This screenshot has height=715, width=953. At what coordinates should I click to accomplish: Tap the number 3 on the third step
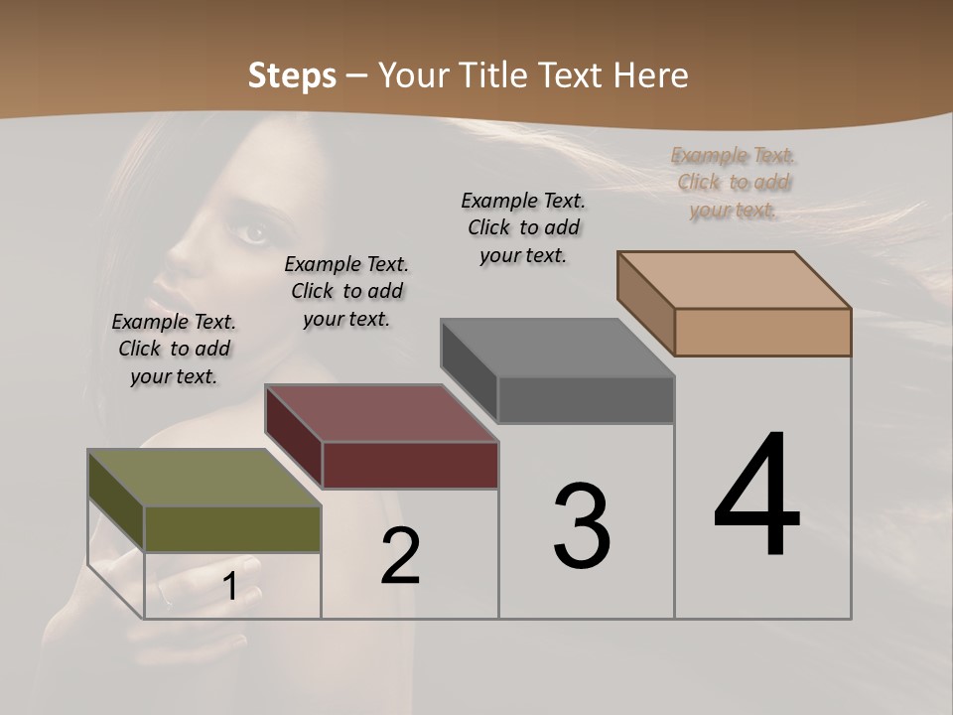click(582, 526)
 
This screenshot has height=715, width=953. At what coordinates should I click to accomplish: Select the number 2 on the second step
click(401, 556)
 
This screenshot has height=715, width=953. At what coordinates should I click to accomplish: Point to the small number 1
click(230, 587)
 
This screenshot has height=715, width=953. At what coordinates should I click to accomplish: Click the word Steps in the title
click(292, 75)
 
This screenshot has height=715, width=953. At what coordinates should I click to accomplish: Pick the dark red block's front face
click(410, 465)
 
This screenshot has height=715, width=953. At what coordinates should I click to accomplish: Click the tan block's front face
click(762, 332)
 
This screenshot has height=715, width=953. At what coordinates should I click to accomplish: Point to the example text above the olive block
click(174, 349)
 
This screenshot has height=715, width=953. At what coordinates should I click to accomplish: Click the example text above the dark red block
click(346, 291)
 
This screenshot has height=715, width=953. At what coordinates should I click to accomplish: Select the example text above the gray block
click(523, 227)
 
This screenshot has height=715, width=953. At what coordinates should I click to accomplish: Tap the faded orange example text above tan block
click(734, 182)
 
